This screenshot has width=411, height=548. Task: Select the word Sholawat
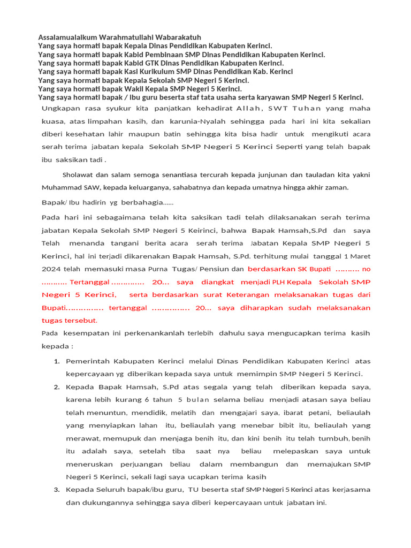(x=78, y=174)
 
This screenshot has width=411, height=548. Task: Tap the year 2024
(x=52, y=269)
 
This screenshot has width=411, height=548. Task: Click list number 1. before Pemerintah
(x=57, y=361)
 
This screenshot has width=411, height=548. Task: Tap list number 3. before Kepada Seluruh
(x=57, y=490)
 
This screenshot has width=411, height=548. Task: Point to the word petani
(x=319, y=413)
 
